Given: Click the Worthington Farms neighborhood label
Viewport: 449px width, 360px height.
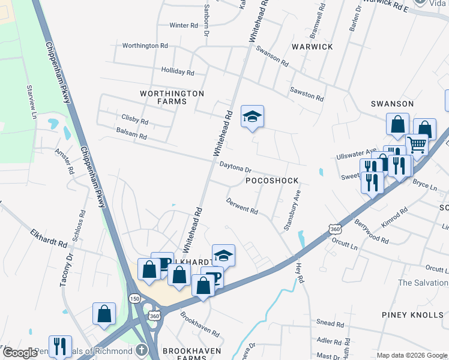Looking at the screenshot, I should click(172, 97).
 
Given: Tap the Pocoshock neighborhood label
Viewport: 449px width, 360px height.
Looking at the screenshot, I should click(273, 180).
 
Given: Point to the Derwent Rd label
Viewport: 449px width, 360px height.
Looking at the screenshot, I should click(242, 206).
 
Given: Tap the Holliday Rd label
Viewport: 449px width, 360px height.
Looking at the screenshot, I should click(177, 72).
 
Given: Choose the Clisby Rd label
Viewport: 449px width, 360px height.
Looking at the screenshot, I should click(134, 121).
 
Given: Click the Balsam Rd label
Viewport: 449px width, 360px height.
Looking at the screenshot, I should click(131, 136).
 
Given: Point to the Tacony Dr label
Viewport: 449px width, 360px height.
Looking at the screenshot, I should click(66, 270).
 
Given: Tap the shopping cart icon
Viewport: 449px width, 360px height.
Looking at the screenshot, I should click(417, 144).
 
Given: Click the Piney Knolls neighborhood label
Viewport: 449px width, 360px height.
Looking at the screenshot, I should click(412, 314).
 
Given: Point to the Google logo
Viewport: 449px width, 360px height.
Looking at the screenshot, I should click(20, 353).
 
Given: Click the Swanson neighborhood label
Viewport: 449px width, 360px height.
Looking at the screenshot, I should click(392, 104).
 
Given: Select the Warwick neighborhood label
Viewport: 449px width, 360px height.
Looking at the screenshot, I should click(312, 46).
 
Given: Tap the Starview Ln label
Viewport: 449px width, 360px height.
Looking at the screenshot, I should click(31, 101).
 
